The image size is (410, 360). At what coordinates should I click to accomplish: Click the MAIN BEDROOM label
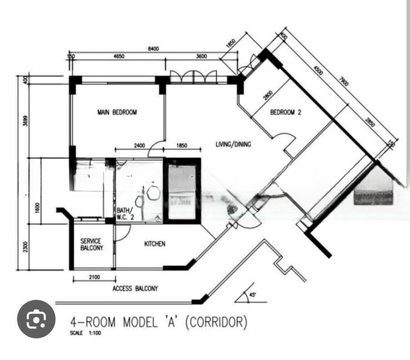coord(117,112)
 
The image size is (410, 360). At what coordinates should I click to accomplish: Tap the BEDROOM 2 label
coord(285,112)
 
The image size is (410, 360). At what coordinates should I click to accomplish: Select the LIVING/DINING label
coord(233,144)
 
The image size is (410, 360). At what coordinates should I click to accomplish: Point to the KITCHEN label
coord(155,244)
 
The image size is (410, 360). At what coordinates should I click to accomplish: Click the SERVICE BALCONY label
coord(92,244)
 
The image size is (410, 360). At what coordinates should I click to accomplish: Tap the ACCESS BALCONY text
coord(135,289)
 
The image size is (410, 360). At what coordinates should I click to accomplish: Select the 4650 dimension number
coord(119,56)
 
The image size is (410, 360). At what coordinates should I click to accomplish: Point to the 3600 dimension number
coord(201,56)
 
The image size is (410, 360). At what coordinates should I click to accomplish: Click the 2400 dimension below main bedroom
coord(138,146)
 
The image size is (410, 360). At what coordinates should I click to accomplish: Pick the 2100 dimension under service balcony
coord(93,278)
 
